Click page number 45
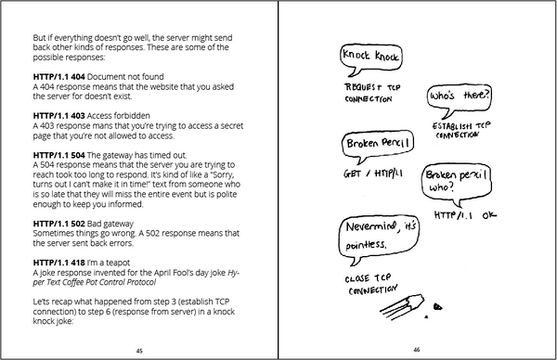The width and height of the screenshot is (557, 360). [x=139, y=351]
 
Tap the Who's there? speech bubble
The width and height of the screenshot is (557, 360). [x=457, y=97]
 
